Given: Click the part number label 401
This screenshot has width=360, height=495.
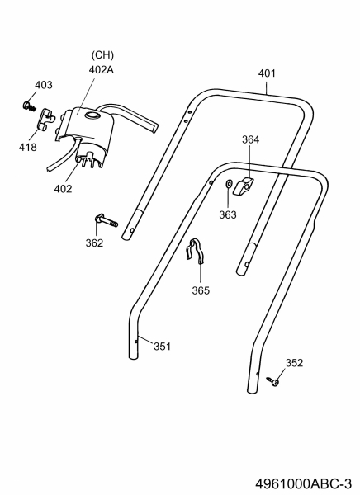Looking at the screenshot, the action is point(267,73).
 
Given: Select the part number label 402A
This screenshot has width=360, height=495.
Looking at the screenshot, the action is point(101,70).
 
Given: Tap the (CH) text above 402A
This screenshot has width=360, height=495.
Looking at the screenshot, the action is point(102,55).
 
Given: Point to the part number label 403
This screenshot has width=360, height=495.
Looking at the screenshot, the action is point(44,85).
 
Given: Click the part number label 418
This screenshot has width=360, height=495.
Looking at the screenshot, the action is point(28,147).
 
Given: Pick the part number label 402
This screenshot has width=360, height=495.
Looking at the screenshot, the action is point(64,189).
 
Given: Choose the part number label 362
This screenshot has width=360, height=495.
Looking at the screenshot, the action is point(94,243).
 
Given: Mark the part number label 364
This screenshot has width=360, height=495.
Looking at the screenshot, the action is point(251,139).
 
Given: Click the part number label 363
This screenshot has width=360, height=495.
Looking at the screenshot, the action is point(228,214).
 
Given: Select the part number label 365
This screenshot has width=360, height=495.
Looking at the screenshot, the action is point(201,290).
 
